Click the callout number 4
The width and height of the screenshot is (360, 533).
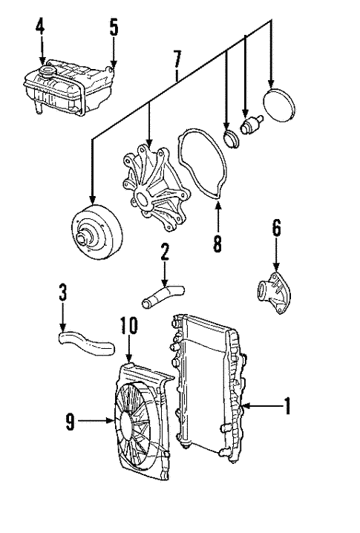click(x=41, y=30)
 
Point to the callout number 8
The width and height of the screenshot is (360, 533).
click(x=217, y=243)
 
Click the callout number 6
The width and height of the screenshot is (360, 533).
click(x=276, y=229)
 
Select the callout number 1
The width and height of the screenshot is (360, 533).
click(x=286, y=405)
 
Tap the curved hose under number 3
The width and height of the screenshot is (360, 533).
click(x=85, y=341)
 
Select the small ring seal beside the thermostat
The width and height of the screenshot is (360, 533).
click(x=230, y=138)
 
